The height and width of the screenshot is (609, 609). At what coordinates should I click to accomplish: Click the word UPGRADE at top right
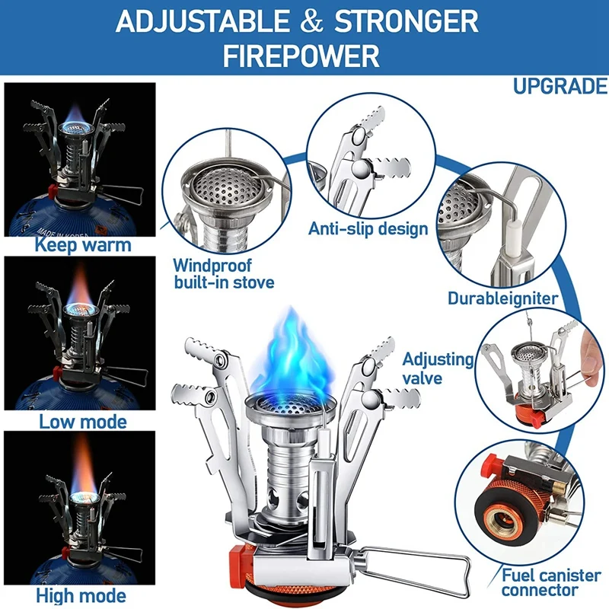(560, 86)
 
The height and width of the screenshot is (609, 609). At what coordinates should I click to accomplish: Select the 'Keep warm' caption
(82, 245)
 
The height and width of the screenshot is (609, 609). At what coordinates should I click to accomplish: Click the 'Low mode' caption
(83, 421)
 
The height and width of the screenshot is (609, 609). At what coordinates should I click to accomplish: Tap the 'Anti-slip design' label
(368, 228)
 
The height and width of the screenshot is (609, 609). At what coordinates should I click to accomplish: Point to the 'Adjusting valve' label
(437, 368)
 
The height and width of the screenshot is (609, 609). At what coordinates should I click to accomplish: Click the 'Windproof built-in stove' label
(222, 274)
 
